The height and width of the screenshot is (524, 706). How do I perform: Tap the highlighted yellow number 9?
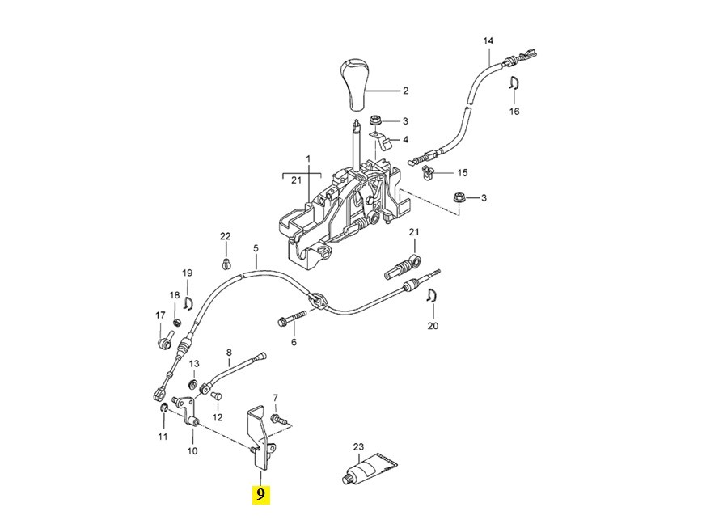[x=260, y=494]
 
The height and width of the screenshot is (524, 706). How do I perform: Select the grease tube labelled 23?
[x=369, y=468]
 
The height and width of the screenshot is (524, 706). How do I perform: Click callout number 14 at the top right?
[x=488, y=40]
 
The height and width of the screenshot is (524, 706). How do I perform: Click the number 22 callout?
[x=225, y=236]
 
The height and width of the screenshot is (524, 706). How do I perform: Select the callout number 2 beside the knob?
[x=405, y=91]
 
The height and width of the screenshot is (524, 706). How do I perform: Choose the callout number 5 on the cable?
[x=255, y=249]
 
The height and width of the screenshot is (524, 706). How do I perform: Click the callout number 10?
[x=192, y=451]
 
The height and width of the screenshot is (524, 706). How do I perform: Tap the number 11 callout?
[x=163, y=437]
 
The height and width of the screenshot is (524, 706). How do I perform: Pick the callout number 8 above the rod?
[x=229, y=353]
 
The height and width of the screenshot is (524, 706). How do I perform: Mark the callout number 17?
[x=159, y=315]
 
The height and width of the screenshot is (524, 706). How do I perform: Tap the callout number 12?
[x=217, y=417]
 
